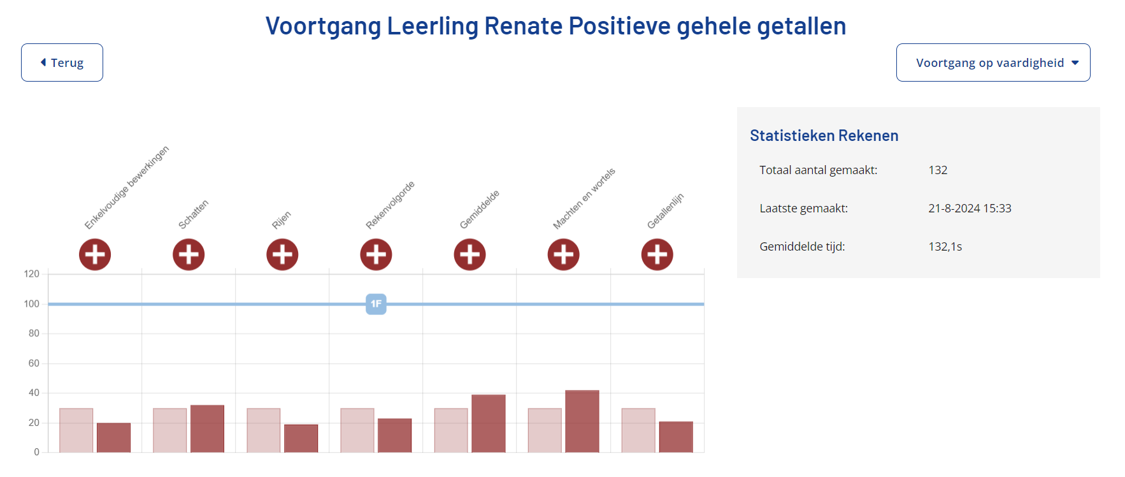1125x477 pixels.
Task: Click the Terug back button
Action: (62, 62)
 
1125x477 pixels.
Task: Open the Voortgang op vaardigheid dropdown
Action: (992, 62)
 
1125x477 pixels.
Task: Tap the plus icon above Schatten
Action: (189, 254)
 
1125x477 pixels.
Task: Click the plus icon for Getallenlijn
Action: (657, 254)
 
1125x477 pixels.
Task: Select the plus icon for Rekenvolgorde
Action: (376, 254)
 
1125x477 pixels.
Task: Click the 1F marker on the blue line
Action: (376, 304)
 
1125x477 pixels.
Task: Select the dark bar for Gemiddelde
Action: (488, 423)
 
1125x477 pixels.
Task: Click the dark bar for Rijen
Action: (301, 438)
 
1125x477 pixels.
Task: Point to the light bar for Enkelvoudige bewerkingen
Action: (76, 430)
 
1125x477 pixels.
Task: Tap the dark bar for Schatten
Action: (207, 429)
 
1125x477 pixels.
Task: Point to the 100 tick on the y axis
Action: (32, 304)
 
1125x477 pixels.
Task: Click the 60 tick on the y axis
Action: (34, 363)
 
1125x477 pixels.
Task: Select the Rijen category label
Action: (281, 220)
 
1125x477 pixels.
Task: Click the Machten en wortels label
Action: (584, 199)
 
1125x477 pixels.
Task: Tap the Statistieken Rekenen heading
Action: (824, 136)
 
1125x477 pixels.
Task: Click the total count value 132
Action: (938, 170)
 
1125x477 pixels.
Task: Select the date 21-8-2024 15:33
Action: (970, 209)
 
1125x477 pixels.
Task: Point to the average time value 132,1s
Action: (945, 247)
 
